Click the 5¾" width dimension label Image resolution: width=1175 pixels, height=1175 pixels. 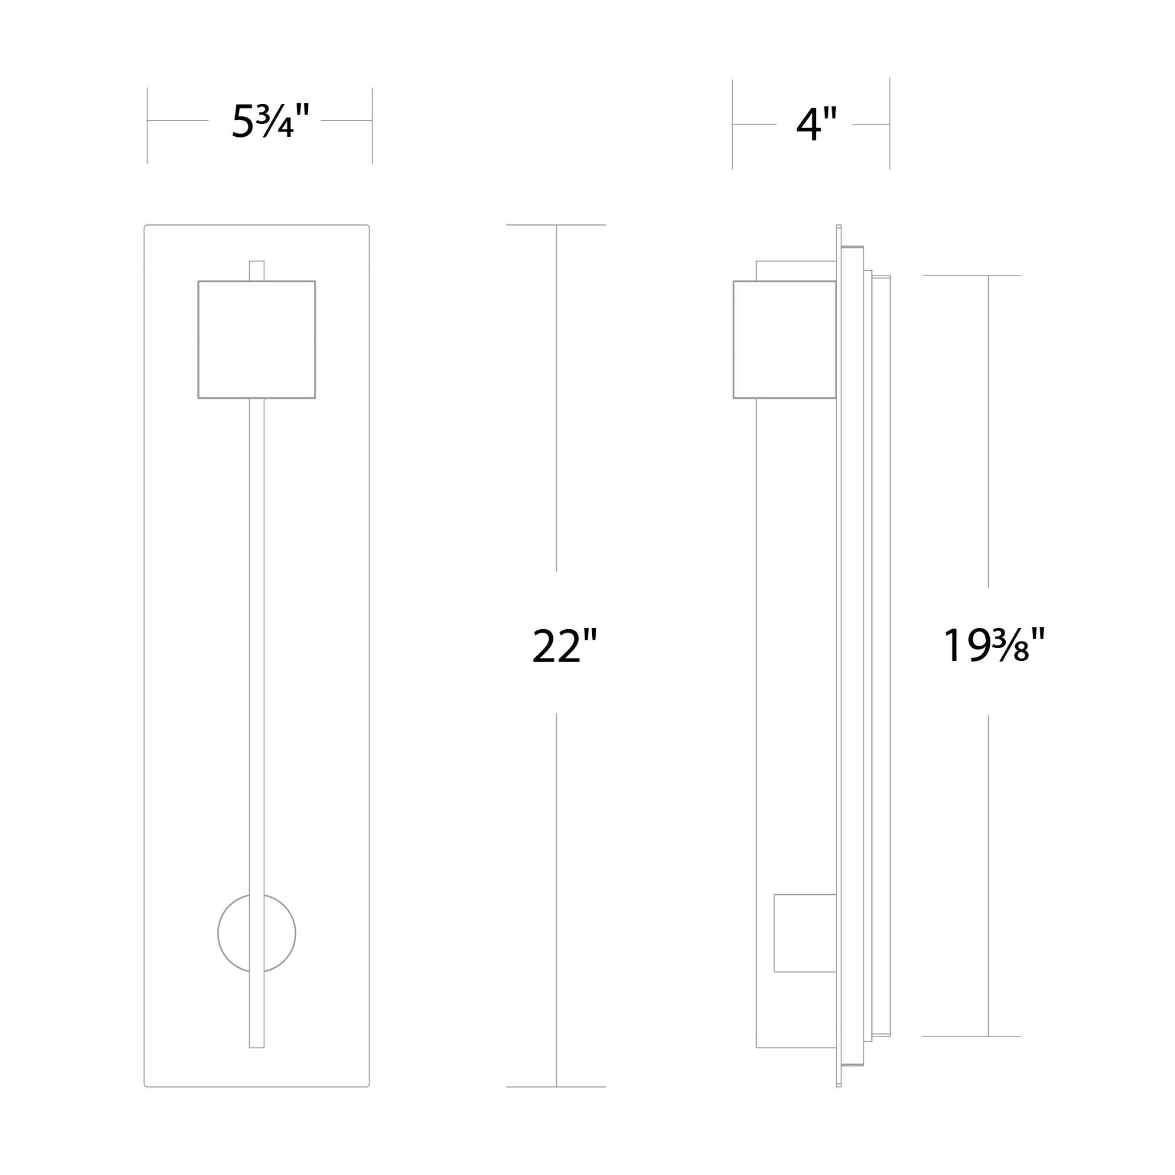pyautogui.click(x=271, y=120)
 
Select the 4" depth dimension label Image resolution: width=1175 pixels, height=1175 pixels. pyautogui.click(x=817, y=124)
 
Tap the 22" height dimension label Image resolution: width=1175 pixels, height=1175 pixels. pyautogui.click(x=565, y=645)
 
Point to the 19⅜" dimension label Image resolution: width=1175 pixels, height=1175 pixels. pyautogui.click(x=995, y=645)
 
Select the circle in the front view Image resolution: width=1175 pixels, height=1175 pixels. pyautogui.click(x=219, y=933)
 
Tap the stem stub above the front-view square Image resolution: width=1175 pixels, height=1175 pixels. pyautogui.click(x=257, y=271)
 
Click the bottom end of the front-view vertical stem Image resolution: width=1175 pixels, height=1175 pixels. pyautogui.click(x=257, y=1048)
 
